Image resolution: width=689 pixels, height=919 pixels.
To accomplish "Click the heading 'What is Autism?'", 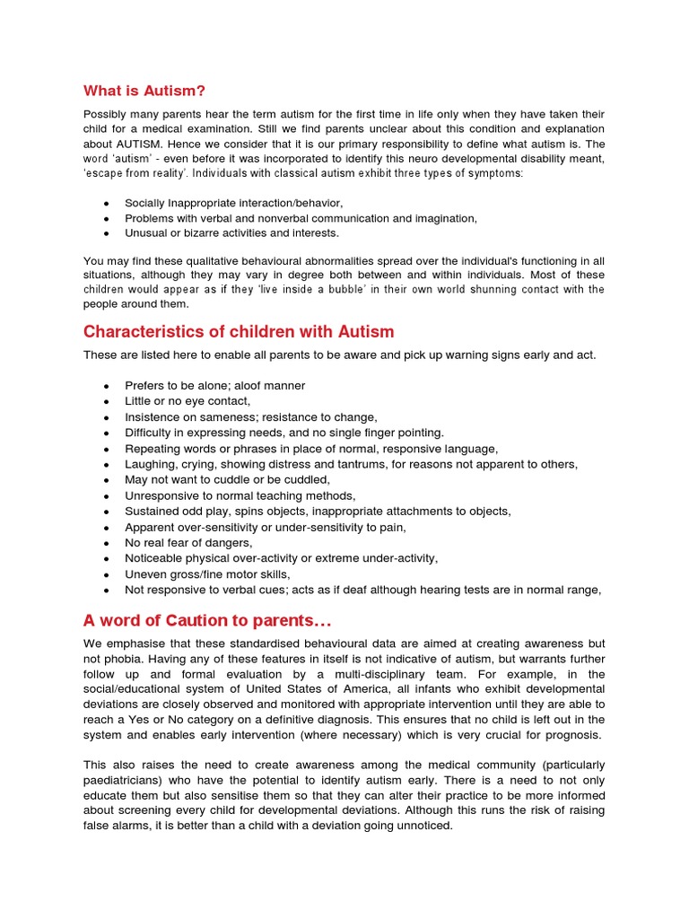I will (x=144, y=91).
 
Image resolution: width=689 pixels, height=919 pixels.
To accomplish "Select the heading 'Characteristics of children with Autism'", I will (x=239, y=332).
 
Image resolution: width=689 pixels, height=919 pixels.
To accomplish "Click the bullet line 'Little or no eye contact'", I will (x=188, y=401).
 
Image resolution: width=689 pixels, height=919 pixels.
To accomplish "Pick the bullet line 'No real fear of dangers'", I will (x=188, y=542).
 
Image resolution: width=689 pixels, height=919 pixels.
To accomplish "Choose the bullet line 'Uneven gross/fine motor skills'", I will (x=207, y=573).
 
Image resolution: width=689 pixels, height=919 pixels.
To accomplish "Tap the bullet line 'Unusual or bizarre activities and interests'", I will (x=231, y=233).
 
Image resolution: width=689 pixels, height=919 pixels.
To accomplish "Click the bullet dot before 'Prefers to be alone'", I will (x=107, y=386).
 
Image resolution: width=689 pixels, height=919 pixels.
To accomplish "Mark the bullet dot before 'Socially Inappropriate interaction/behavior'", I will (x=107, y=204).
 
